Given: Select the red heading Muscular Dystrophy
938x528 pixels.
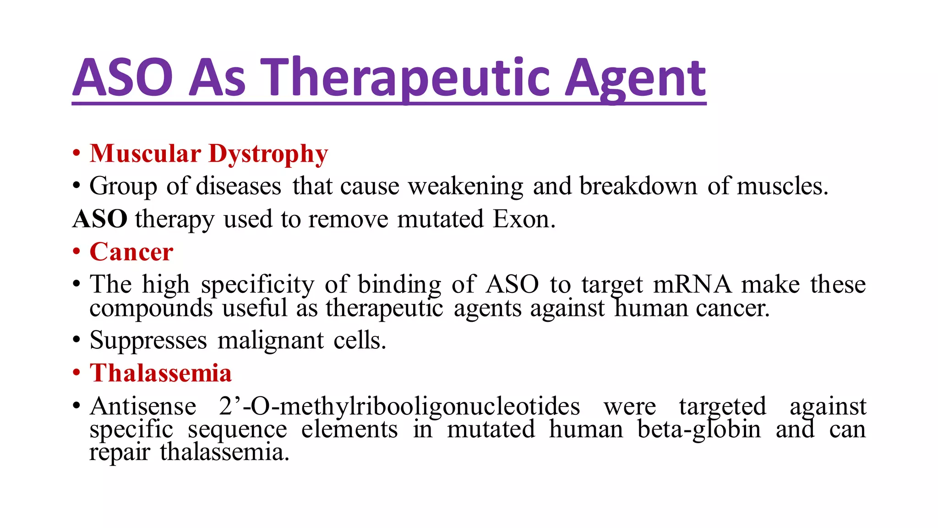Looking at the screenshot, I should [x=209, y=154].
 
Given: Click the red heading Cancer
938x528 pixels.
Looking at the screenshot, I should [x=131, y=252].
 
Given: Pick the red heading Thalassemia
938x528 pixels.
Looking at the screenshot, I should [x=161, y=373].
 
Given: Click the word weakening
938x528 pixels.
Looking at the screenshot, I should [x=466, y=187].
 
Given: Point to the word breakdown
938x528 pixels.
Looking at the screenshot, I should [x=638, y=187].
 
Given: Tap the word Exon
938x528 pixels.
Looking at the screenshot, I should [x=524, y=219].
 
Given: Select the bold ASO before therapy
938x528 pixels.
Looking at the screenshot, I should [x=100, y=219].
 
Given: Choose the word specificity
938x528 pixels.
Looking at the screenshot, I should [x=258, y=285].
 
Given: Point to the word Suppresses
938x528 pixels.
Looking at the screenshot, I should [x=148, y=341].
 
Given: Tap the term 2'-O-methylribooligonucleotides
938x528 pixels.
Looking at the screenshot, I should [x=399, y=406].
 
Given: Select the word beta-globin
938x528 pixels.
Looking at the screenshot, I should [x=699, y=429].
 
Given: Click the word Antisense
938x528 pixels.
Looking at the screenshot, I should [x=143, y=406].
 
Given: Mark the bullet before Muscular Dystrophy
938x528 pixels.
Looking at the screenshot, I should [x=76, y=154].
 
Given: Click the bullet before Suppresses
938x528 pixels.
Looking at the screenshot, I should [x=76, y=341].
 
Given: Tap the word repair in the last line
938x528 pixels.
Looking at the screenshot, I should [x=120, y=452].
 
